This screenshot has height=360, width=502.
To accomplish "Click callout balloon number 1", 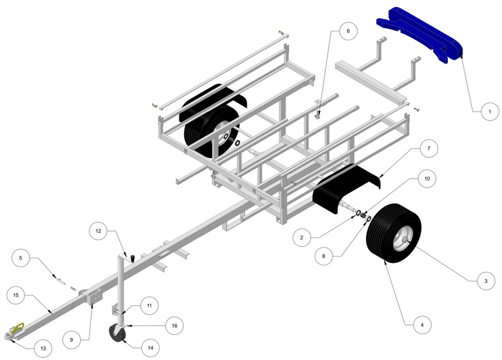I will click(x=485, y=112).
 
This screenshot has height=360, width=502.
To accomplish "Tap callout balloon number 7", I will click(x=428, y=149).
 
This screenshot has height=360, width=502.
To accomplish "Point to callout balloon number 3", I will click(x=481, y=282).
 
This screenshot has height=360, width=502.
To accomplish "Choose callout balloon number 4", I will click(x=422, y=325).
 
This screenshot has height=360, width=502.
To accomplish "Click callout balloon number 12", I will click(x=99, y=231).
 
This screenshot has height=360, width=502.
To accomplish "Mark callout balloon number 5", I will click(x=20, y=257).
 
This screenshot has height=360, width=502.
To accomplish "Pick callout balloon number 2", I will click(x=302, y=238).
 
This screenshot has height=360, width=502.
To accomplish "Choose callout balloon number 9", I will click(x=71, y=339).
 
